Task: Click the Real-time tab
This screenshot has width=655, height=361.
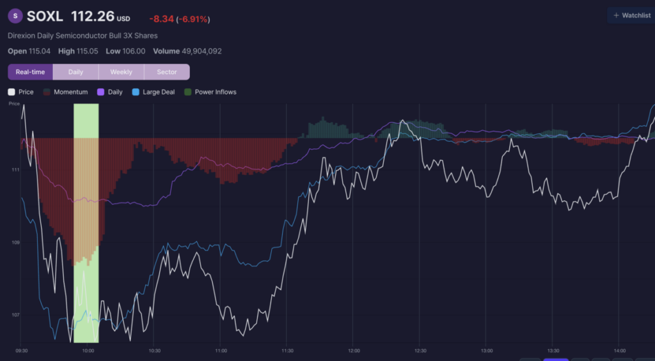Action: pos(31,72)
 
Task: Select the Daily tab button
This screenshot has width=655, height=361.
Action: pos(75,72)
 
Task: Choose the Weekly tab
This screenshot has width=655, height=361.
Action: pos(121,72)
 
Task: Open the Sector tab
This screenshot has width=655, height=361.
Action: pos(167,72)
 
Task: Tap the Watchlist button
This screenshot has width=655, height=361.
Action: pos(631,15)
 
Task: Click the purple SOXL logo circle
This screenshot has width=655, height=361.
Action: pos(15,16)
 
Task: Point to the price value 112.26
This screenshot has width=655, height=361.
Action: pos(93,16)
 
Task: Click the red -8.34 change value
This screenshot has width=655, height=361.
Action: pos(161,19)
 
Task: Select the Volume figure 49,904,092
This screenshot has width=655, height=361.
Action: pos(201,51)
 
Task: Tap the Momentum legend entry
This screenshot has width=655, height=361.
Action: pos(66,92)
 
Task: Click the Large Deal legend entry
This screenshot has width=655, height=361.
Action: pos(154,92)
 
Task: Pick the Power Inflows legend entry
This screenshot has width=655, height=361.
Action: pos(210,92)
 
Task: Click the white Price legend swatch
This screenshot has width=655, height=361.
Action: pos(12,92)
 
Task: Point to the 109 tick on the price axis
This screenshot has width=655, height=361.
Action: pos(15,242)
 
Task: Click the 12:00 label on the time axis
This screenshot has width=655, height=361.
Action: pos(353,351)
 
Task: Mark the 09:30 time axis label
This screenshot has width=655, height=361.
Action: pos(21,351)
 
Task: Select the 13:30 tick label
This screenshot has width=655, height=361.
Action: pos(553,351)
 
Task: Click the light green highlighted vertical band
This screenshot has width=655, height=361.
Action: pos(86,223)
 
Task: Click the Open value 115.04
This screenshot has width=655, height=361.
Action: pos(40,51)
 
